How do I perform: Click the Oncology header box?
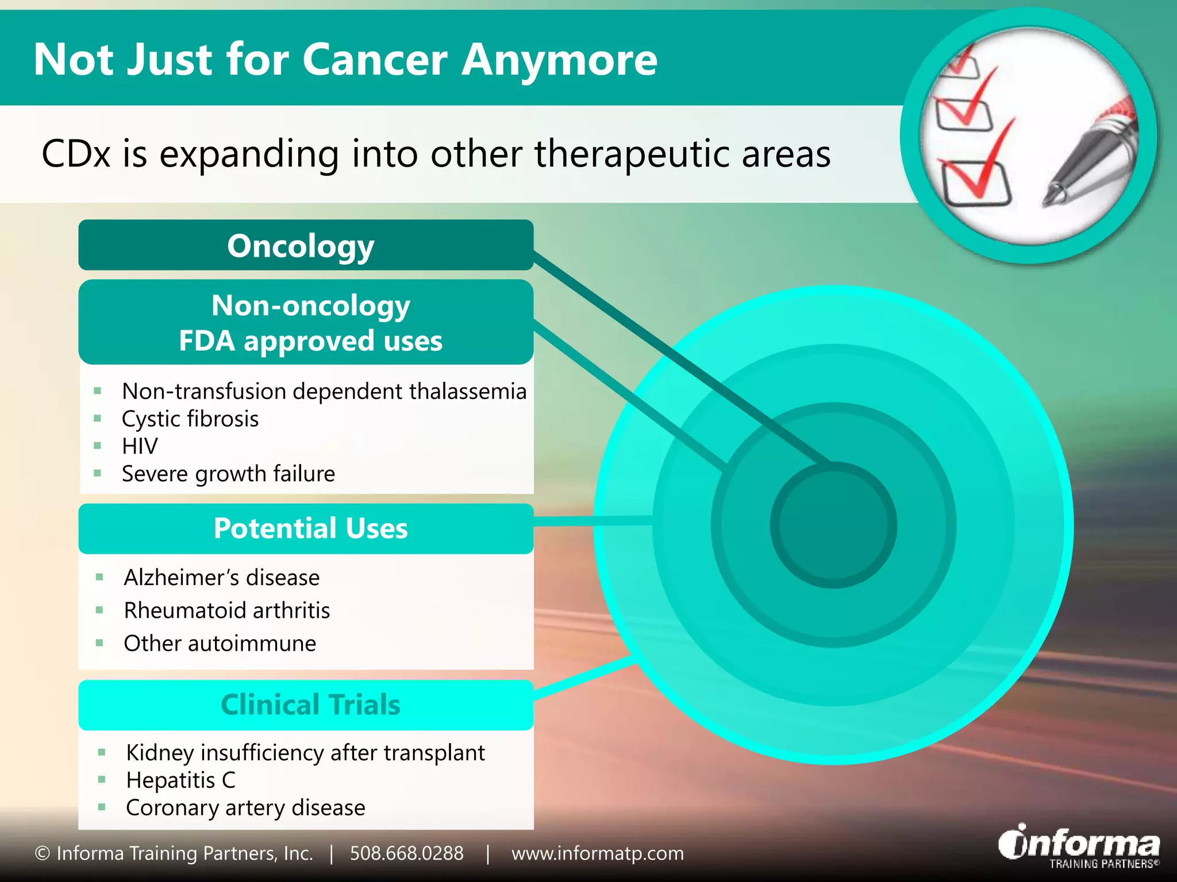tap(305, 246)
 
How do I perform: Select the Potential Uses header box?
tap(305, 529)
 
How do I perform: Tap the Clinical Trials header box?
tap(305, 705)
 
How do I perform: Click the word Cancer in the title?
tap(374, 60)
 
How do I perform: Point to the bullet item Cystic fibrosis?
tap(190, 419)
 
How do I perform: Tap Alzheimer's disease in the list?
tap(221, 578)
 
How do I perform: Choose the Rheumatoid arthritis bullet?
tap(226, 610)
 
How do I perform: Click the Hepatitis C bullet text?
tap(180, 780)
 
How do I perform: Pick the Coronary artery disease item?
tap(245, 808)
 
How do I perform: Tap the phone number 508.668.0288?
tap(406, 853)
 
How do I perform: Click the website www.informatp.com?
tap(597, 853)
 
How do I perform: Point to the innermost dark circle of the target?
tap(833, 525)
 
